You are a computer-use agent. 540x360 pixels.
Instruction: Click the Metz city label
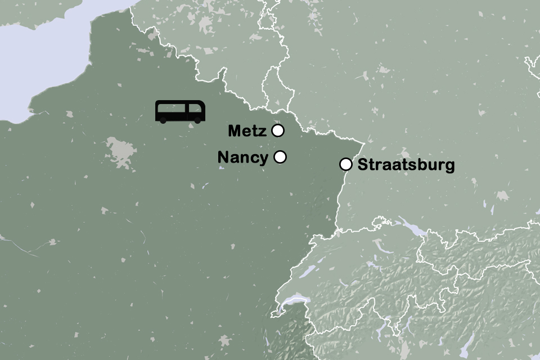tap(247, 131)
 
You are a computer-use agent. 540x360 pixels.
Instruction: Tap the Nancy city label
tap(242, 157)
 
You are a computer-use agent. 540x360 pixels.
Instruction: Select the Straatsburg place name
tap(406, 165)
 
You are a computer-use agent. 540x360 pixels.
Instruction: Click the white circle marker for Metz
tap(277, 130)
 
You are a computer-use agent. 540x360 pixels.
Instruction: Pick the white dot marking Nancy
tap(280, 157)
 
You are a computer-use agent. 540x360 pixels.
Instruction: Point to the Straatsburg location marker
tap(346, 164)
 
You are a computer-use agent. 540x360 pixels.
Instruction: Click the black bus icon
tap(180, 111)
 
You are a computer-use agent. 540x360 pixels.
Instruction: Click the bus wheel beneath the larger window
tap(163, 120)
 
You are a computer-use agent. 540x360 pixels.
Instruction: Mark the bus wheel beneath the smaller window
tap(197, 120)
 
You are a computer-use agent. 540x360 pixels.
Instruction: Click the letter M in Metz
tap(235, 131)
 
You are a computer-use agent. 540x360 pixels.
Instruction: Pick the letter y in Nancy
tap(264, 159)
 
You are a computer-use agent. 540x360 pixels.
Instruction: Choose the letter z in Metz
tap(263, 132)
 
